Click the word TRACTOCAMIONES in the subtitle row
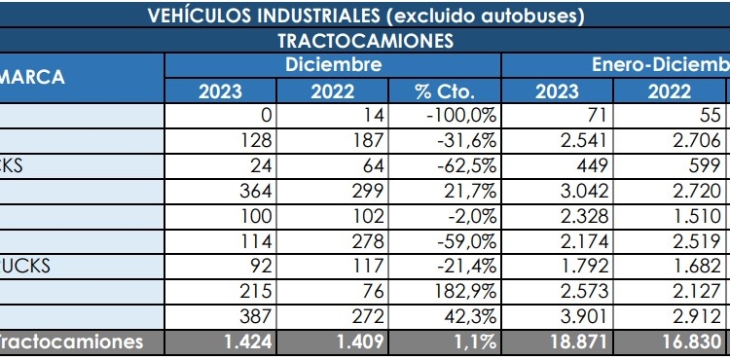click(x=365, y=41)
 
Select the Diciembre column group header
click(x=333, y=65)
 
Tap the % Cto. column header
click(x=444, y=91)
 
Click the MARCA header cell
click(x=34, y=78)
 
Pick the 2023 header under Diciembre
click(x=221, y=91)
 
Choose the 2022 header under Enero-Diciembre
click(x=670, y=91)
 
